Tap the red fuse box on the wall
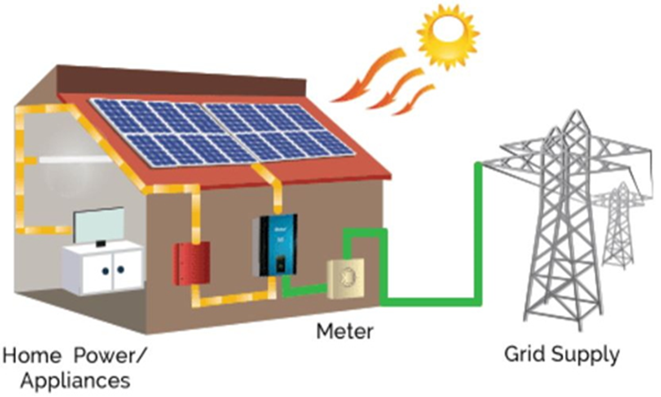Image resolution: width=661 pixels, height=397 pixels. click(x=188, y=262)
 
